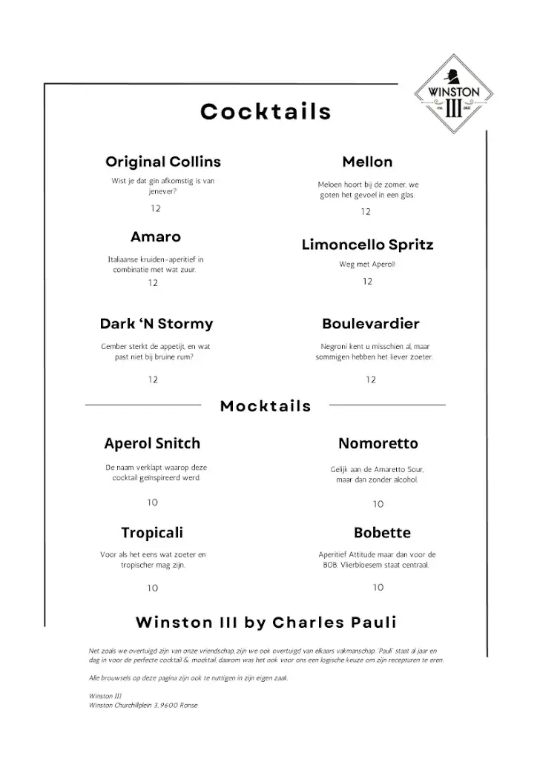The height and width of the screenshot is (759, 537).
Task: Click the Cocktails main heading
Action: coord(266,112)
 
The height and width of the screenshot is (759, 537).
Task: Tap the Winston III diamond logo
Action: coord(455,94)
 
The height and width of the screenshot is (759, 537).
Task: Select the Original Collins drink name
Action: coord(163,162)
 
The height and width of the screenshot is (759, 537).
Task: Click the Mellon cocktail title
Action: coord(367,162)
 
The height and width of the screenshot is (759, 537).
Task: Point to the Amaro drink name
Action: coord(156,237)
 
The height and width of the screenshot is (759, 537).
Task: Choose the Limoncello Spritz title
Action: coord(367,245)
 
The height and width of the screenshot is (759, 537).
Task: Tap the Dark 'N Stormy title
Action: coord(157,324)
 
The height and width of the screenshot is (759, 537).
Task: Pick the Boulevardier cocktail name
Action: coord(371,324)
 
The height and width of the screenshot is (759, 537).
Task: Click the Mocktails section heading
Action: coord(266,405)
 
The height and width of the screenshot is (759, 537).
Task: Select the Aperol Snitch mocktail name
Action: coord(152,444)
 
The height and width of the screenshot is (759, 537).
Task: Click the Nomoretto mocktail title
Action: coord(378,444)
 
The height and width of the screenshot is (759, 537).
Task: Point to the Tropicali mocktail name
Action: coord(152,533)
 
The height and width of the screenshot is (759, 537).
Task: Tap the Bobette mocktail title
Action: coord(382,533)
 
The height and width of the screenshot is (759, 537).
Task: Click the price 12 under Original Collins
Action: coord(156,209)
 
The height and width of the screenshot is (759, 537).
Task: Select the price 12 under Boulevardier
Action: coord(371,380)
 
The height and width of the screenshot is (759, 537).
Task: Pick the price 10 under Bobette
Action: coord(378,588)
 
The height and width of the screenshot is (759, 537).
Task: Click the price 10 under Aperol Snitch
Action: coord(152,503)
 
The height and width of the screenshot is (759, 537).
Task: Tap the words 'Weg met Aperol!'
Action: coord(367,265)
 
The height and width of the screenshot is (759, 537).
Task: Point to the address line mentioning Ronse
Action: coord(142,705)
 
